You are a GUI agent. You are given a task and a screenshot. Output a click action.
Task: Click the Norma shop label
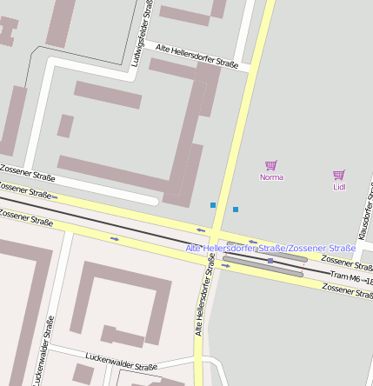(271, 177)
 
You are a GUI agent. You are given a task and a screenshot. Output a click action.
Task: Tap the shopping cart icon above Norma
(270, 165)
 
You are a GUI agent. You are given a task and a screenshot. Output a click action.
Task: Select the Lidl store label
(339, 187)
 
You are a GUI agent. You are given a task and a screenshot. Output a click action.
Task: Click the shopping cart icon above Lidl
(339, 175)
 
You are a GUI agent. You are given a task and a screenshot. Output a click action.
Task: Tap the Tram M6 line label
(351, 277)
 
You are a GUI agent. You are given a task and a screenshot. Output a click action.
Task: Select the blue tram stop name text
(270, 249)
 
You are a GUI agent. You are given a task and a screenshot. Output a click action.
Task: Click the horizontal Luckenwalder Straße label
(121, 361)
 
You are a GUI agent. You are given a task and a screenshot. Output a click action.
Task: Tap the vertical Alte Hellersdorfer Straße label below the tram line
(205, 296)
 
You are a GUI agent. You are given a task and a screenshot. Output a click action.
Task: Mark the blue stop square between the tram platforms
(270, 261)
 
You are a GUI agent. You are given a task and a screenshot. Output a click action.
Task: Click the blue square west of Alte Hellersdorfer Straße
(213, 205)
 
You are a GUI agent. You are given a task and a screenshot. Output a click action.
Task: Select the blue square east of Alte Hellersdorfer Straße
(236, 210)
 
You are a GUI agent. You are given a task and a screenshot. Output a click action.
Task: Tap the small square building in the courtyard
(66, 126)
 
